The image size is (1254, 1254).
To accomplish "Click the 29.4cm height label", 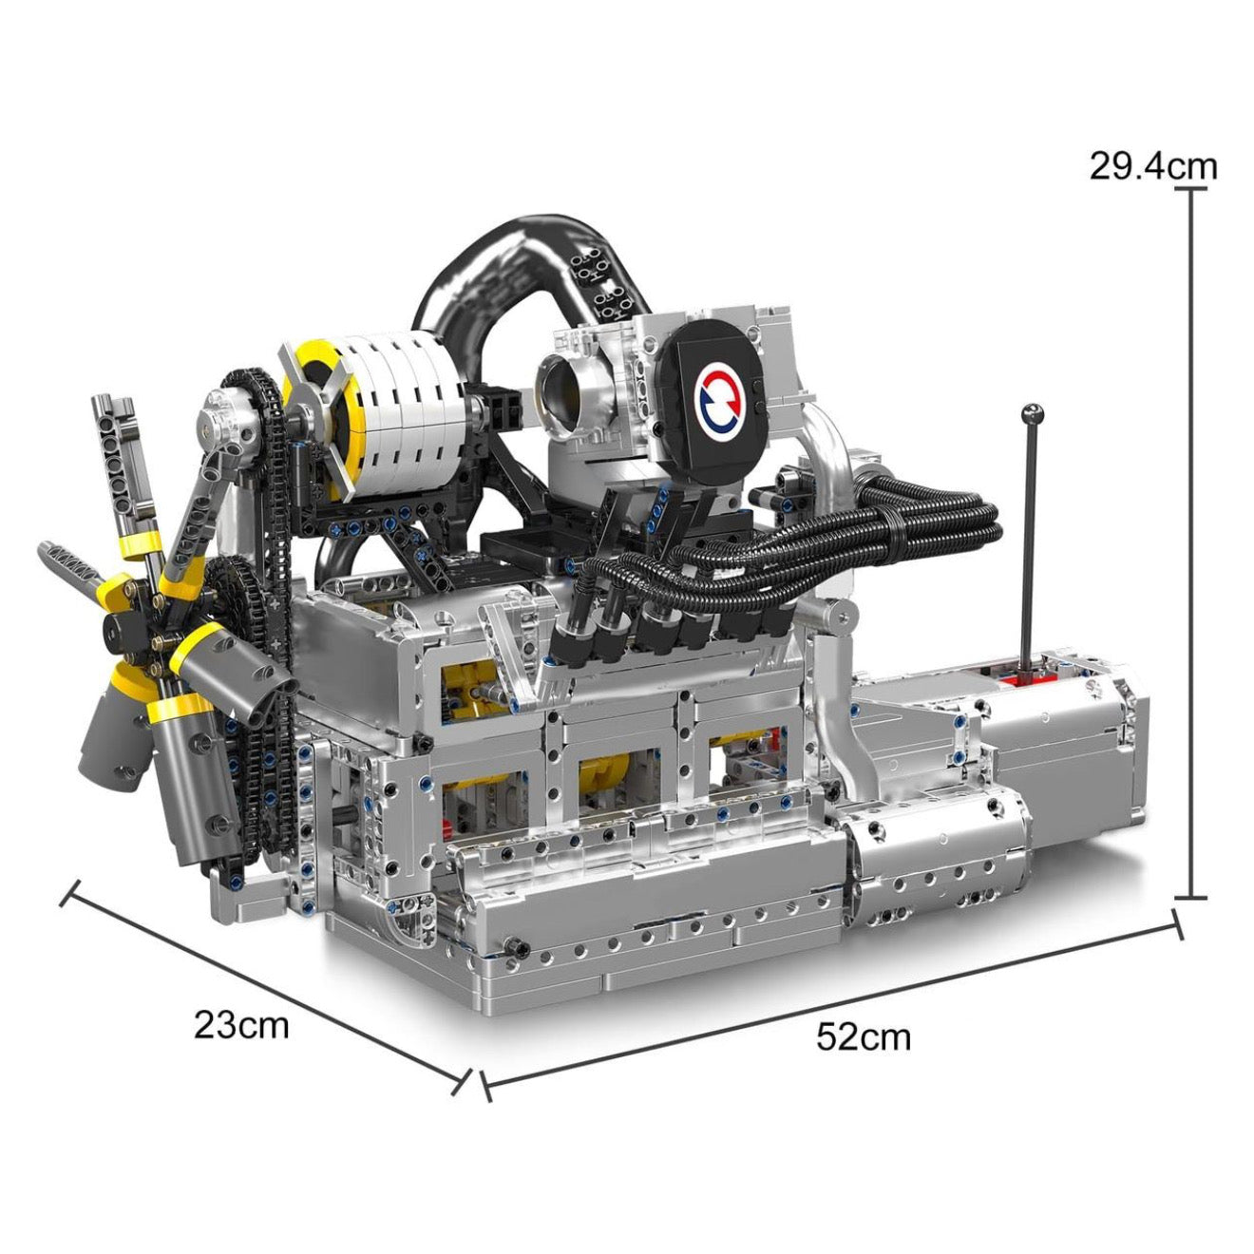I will tap(1152, 166).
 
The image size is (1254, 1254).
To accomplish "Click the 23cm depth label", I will tap(241, 1025).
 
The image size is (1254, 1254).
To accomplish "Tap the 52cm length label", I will tap(863, 1036).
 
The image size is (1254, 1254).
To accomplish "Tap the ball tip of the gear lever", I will tap(1033, 413).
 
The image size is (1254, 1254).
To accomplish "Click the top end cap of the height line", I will tap(1190, 189).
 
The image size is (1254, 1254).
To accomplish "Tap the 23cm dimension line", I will tap(266, 988).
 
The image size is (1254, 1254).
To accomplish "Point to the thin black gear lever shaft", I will tap(1030, 541).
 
